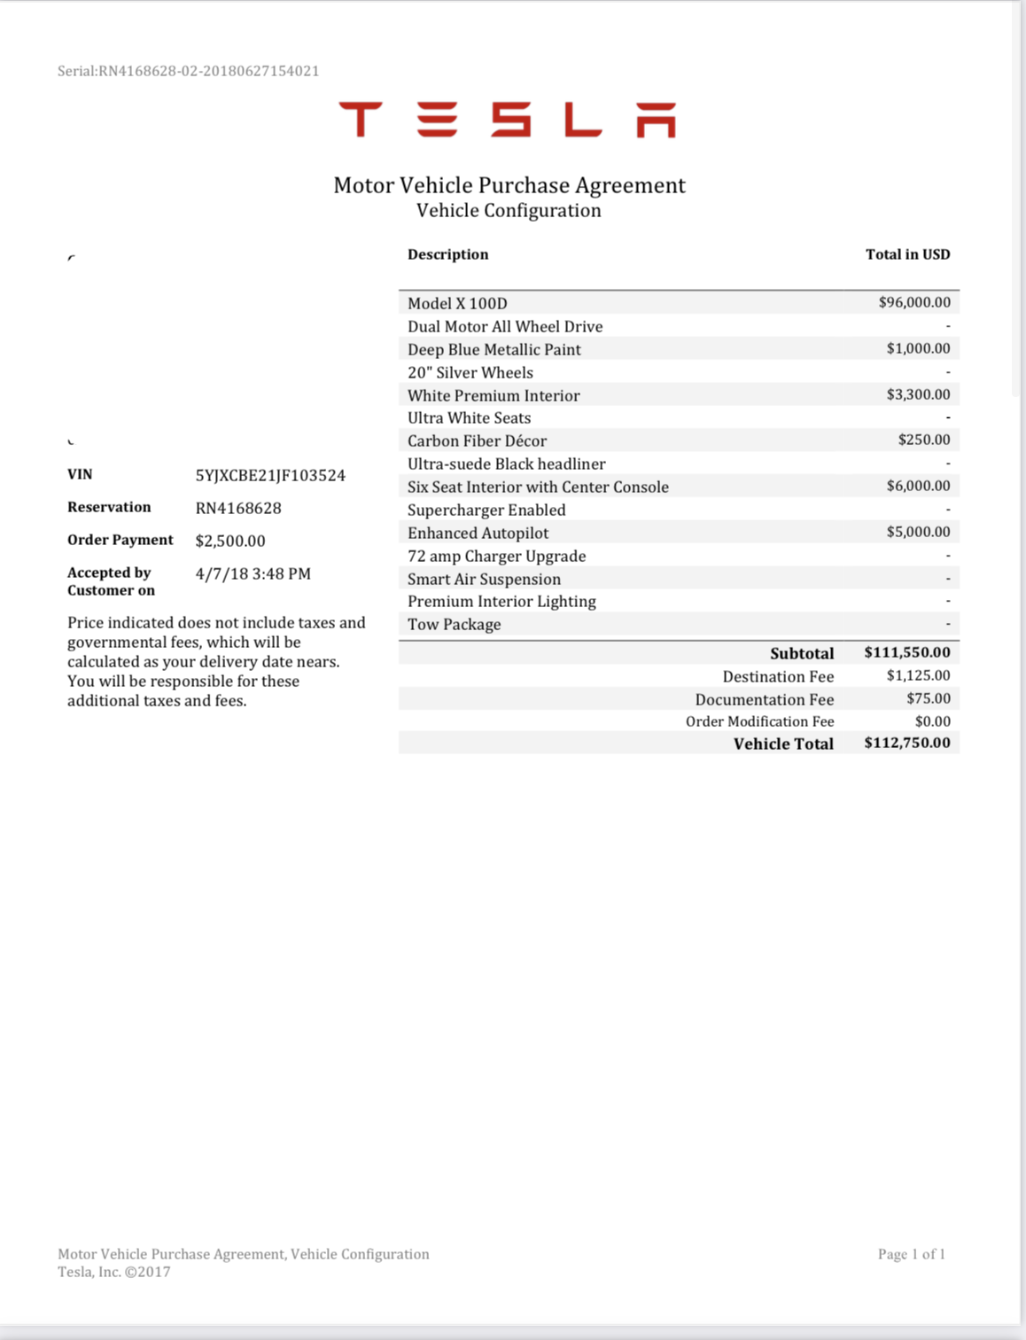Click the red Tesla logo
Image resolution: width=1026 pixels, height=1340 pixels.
507,120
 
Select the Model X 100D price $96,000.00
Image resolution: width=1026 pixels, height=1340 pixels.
914,302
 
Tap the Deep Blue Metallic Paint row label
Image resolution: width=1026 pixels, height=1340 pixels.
494,349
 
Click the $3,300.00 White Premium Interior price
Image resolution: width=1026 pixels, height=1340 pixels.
918,394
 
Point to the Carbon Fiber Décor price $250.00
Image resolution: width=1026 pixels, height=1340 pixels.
923,440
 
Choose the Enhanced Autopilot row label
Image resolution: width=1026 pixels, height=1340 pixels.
478,533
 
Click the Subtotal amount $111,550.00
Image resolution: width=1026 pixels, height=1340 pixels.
906,652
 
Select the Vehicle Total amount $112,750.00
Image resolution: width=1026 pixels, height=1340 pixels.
906,743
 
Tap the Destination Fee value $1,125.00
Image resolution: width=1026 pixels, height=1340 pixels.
918,675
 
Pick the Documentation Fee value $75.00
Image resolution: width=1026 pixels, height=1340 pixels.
928,698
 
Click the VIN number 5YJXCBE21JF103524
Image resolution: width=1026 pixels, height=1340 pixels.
270,475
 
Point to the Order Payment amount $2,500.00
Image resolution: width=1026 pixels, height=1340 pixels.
230,541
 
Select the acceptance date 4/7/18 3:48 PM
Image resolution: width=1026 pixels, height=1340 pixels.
253,573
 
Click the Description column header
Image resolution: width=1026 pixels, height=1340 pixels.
447,254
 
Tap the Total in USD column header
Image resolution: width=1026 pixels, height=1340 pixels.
907,254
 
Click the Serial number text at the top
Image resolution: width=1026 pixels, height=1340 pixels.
188,71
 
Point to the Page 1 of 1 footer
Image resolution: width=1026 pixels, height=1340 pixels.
911,1254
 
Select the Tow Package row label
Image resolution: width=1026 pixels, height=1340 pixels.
454,624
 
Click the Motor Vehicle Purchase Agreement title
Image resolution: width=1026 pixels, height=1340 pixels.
509,185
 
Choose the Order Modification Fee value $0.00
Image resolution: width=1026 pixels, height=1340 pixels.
932,721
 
